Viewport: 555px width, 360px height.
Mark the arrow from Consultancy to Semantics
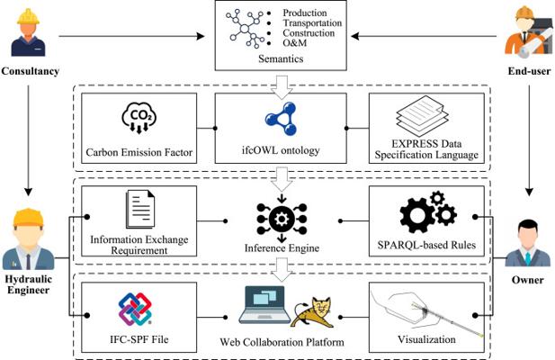(x=135, y=36)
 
